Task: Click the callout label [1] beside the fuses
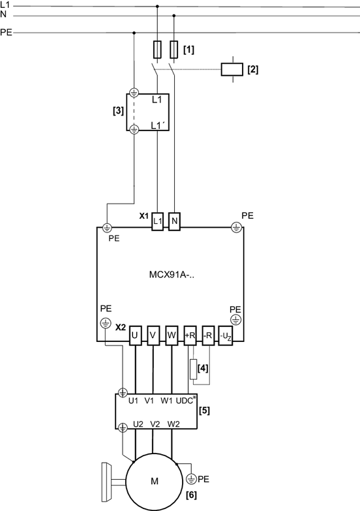point(188,50)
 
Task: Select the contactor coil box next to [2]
point(232,69)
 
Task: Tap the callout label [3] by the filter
point(118,111)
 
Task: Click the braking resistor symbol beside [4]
point(194,369)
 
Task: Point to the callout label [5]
point(204,410)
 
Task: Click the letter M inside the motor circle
point(155,481)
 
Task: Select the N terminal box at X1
point(174,221)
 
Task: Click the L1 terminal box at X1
point(158,221)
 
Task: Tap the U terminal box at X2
point(135,335)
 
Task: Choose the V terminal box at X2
point(153,335)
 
